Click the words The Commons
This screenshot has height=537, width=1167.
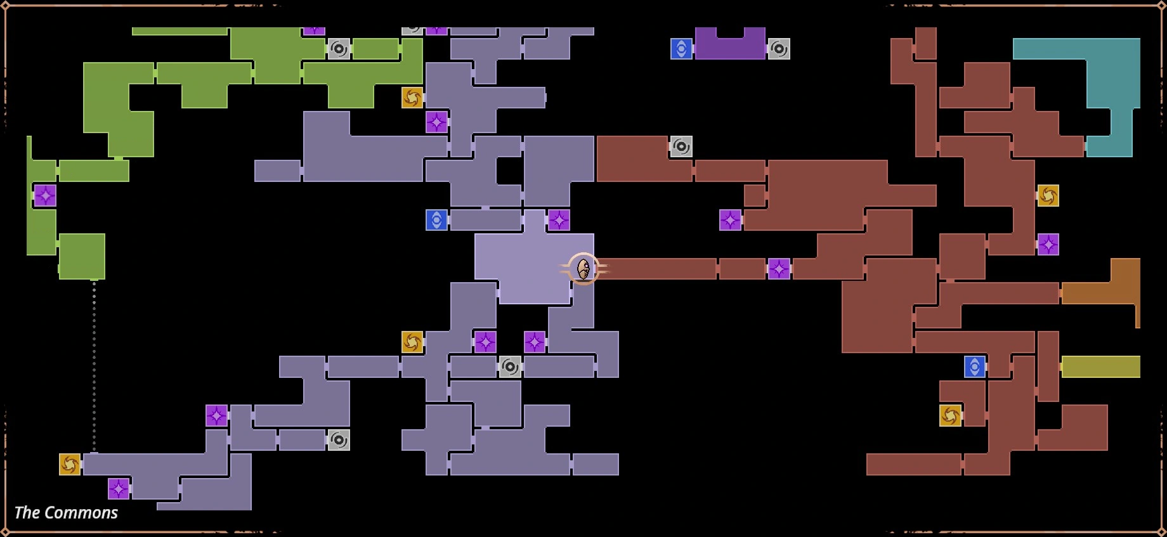pyautogui.click(x=66, y=512)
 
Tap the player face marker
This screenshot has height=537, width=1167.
pyautogui.click(x=583, y=269)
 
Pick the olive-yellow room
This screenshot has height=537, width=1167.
pyautogui.click(x=1101, y=366)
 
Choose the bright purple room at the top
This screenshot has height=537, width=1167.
pyautogui.click(x=730, y=43)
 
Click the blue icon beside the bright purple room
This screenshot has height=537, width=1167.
pyautogui.click(x=681, y=49)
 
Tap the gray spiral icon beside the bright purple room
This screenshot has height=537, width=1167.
pyautogui.click(x=779, y=49)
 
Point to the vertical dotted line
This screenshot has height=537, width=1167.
pyautogui.click(x=95, y=366)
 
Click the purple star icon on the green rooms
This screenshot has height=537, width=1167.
pyautogui.click(x=45, y=195)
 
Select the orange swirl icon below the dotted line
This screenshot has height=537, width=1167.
pyautogui.click(x=70, y=464)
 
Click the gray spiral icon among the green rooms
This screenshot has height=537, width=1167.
pyautogui.click(x=339, y=49)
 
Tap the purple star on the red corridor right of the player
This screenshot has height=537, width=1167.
pyautogui.click(x=779, y=269)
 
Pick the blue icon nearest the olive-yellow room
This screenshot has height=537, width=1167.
pyautogui.click(x=975, y=366)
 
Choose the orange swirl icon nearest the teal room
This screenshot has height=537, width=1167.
pyautogui.click(x=1048, y=195)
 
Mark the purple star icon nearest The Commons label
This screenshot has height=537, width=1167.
pyautogui.click(x=119, y=489)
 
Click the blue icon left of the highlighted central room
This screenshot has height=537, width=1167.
pyautogui.click(x=436, y=220)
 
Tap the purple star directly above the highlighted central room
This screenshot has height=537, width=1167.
pyautogui.click(x=559, y=220)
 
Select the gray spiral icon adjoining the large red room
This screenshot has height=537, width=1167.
pyautogui.click(x=681, y=146)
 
